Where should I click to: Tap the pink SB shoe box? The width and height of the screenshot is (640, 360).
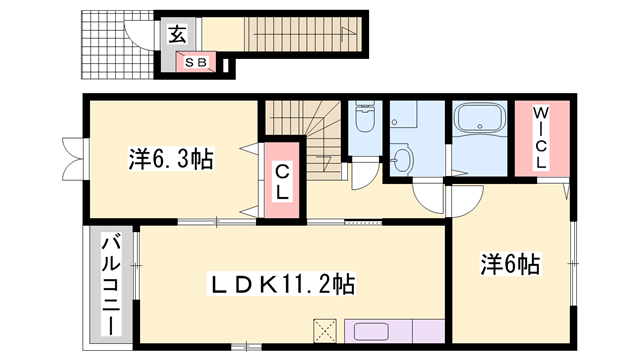click(196, 62)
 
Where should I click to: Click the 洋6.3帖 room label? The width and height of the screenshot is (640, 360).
click(170, 159)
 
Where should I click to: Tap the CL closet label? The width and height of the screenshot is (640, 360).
click(282, 183)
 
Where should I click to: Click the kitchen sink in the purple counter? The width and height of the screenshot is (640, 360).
click(371, 332)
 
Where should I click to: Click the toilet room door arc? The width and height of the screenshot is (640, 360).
click(367, 174)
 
